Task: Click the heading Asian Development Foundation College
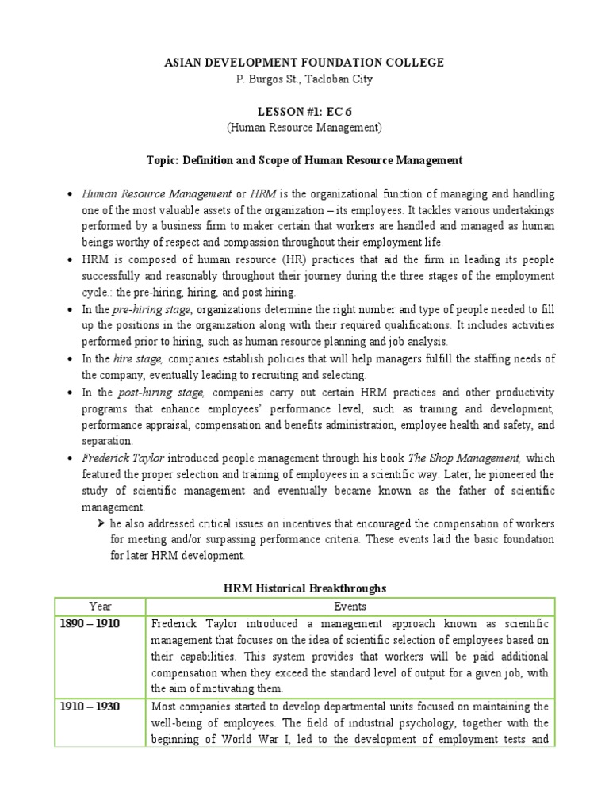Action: point(304,63)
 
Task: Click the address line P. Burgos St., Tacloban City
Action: point(304,79)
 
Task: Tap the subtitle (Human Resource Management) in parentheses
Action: point(304,127)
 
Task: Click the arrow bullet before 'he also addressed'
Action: point(101,524)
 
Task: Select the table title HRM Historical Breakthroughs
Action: point(304,588)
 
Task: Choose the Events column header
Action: point(350,607)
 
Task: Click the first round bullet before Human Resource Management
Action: point(71,194)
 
